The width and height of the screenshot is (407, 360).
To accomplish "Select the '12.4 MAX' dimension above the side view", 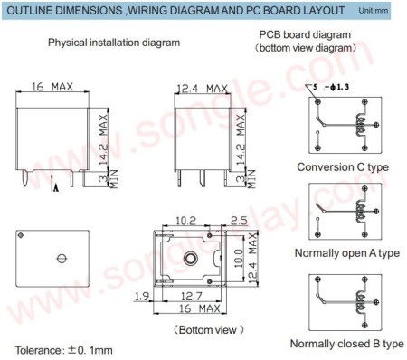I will [202, 88].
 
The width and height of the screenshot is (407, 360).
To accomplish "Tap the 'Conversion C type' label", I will [343, 167].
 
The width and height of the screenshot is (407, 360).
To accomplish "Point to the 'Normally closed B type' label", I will [347, 344].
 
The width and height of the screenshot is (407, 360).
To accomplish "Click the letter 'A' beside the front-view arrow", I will [56, 187].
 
